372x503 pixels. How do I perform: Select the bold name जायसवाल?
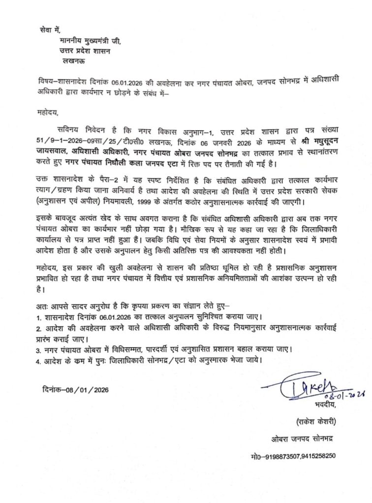53,151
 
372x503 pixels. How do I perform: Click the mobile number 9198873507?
277,456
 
